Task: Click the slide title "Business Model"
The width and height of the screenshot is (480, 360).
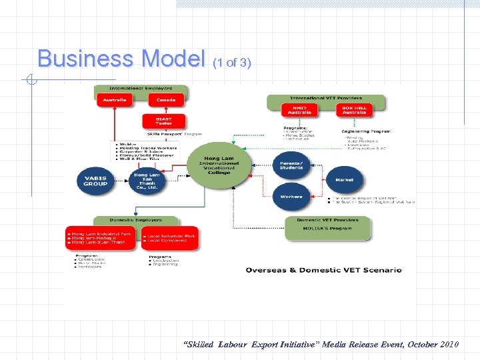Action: pos(121,59)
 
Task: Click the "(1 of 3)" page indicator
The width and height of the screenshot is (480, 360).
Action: pos(231,63)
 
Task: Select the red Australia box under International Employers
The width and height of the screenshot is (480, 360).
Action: pos(114,100)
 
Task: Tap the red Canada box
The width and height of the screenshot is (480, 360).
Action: pos(165,100)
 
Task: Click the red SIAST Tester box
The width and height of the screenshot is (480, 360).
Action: pos(164,122)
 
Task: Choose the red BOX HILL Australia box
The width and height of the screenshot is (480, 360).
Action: pos(354,110)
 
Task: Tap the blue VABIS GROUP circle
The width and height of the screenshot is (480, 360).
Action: pos(96,181)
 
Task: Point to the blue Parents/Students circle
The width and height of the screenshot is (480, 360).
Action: pos(291,165)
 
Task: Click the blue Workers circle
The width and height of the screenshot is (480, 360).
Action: pos(291,197)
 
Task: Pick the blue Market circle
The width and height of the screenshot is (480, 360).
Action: pos(345,179)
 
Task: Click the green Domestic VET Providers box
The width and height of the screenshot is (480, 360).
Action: pos(327,227)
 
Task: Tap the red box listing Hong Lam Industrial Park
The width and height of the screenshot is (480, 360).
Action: pos(101,238)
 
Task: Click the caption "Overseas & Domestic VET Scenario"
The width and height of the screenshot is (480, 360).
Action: pos(323,270)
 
